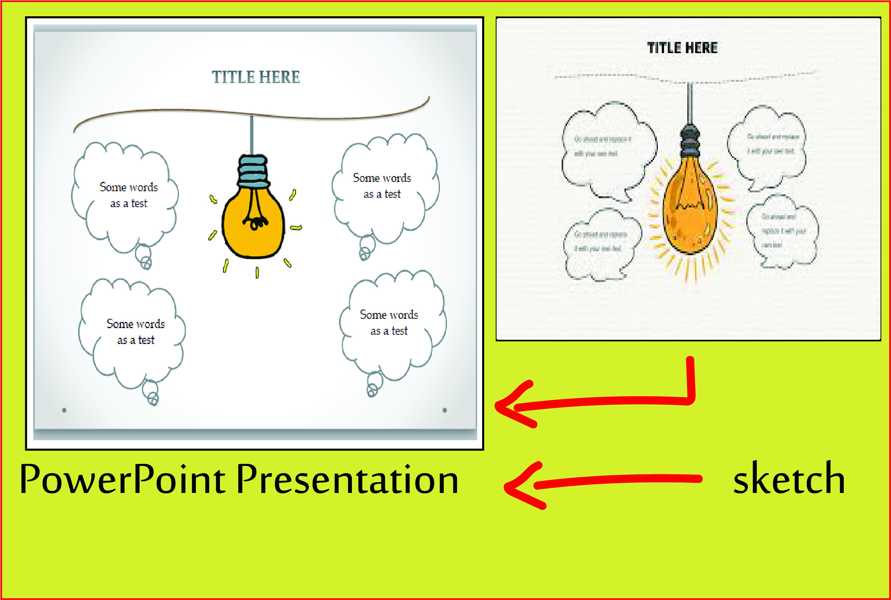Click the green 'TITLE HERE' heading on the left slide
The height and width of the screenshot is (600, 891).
coord(256,77)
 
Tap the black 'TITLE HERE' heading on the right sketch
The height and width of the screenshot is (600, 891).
coord(682,48)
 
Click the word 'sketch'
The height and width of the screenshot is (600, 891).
coord(789,479)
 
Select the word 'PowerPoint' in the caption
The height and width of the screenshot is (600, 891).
coord(122,480)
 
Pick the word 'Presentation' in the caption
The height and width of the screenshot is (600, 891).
coord(347,480)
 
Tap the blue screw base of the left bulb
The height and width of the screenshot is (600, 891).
coord(253,171)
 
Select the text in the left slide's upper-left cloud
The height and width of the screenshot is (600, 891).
coord(129,195)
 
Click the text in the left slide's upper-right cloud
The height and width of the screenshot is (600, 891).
coord(382,186)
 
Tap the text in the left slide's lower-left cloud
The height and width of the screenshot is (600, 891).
coord(136,332)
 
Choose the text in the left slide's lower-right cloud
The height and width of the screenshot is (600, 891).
coord(389,323)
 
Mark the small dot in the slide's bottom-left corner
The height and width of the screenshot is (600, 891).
coord(64,410)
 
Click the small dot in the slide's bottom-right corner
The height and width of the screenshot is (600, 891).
coord(445,410)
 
